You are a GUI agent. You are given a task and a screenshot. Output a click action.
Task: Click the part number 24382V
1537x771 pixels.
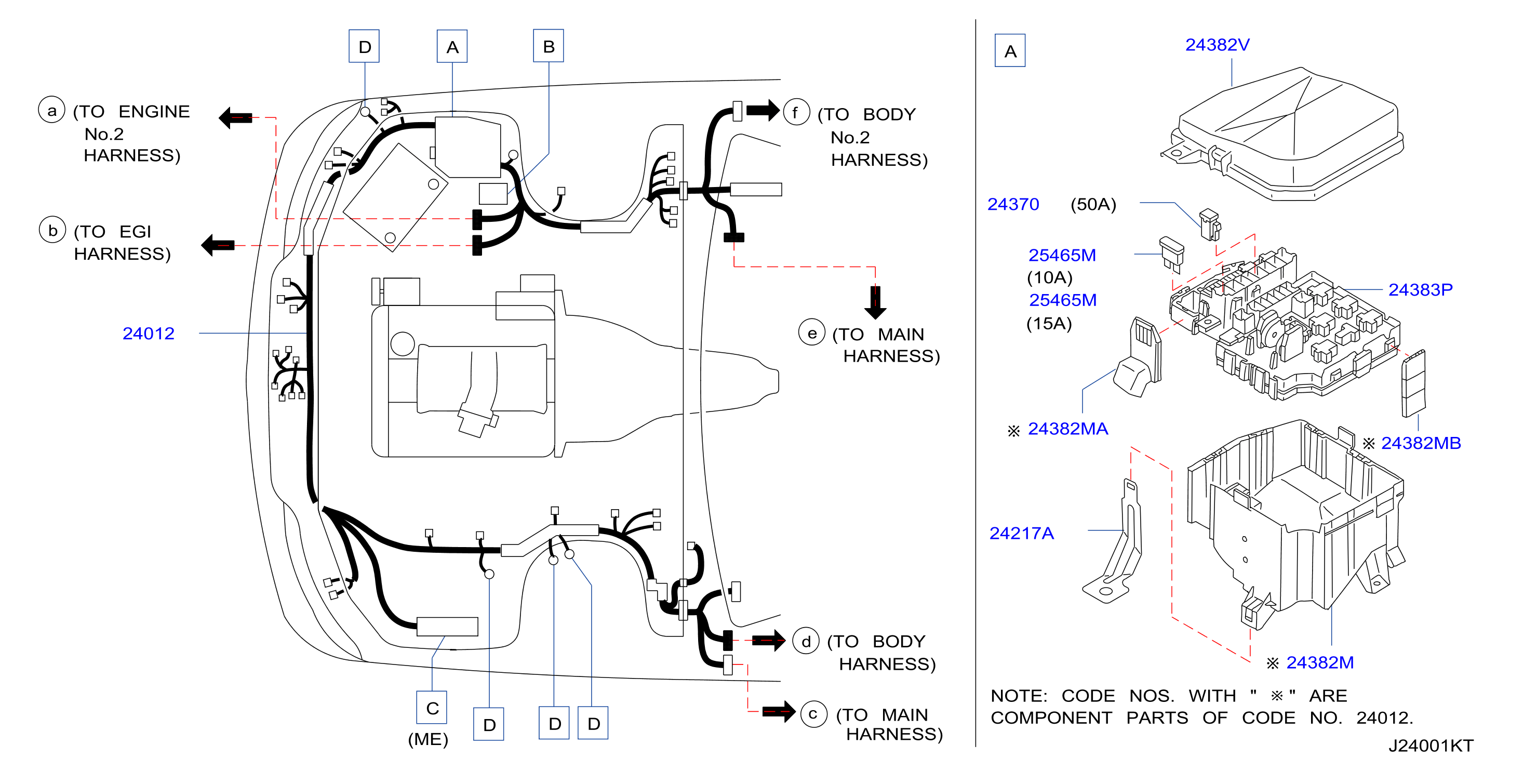[1217, 45]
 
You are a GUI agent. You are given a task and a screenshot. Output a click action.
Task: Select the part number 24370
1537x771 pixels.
[1013, 204]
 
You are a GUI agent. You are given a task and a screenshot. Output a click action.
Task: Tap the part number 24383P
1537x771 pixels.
[1420, 289]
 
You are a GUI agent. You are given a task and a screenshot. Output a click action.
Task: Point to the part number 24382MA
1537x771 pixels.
[1068, 429]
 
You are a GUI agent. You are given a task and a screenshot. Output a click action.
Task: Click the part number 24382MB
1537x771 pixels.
[1421, 443]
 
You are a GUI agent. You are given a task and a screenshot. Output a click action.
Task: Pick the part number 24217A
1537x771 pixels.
[1022, 533]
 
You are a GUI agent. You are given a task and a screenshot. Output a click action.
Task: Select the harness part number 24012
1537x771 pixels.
[149, 333]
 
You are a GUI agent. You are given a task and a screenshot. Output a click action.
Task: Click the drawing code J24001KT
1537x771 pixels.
[1431, 746]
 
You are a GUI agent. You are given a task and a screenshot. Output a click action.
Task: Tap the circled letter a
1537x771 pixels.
[52, 110]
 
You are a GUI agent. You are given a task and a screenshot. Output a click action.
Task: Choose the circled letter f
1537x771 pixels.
[796, 112]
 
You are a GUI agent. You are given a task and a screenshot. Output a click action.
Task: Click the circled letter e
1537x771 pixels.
[811, 333]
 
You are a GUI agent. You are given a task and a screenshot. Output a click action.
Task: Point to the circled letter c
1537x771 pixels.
[813, 714]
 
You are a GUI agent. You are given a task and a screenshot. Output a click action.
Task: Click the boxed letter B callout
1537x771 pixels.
[549, 46]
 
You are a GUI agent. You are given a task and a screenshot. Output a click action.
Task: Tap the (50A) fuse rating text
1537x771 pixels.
[1093, 204]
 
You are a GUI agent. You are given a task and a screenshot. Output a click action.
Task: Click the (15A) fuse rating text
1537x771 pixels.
[1049, 324]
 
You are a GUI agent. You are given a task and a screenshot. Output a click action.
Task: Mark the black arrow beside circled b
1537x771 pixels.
[218, 245]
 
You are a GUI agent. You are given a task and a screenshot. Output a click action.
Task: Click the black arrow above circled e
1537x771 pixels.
[875, 302]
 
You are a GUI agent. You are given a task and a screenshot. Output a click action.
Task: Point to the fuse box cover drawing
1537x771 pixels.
[1283, 134]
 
